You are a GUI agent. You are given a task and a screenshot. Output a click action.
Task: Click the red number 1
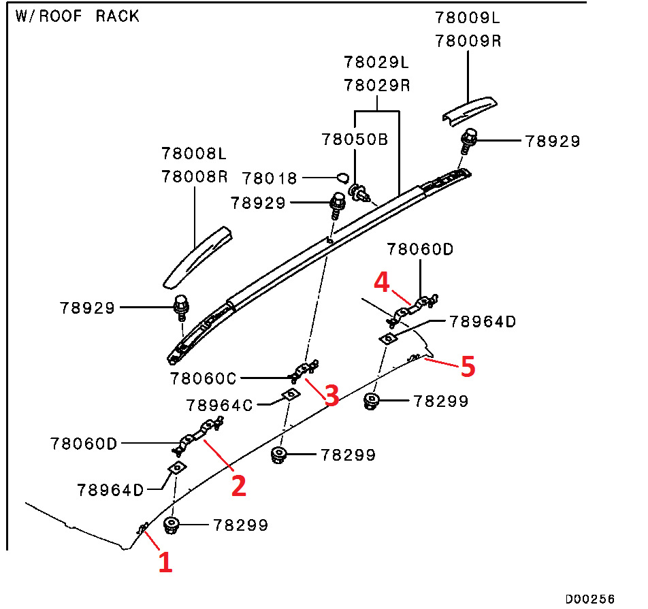[x=165, y=563]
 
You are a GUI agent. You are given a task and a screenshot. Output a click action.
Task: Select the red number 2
[x=238, y=485]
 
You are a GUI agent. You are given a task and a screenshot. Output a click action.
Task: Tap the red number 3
[x=331, y=395]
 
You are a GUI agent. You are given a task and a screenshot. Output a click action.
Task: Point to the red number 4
[x=381, y=282]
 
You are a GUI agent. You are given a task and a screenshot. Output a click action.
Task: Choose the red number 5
[x=467, y=367]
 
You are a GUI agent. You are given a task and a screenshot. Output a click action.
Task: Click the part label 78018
[x=270, y=178]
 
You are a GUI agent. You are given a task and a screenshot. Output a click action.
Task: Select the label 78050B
[x=355, y=139]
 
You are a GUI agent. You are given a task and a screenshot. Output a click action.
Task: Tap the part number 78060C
[x=203, y=377]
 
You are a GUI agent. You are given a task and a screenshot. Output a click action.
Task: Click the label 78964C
[x=219, y=406]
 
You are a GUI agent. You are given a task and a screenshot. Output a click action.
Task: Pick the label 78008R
[x=194, y=176]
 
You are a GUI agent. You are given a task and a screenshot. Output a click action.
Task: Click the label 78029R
[x=376, y=86]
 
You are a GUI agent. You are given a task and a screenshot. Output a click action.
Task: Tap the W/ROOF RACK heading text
[x=78, y=16]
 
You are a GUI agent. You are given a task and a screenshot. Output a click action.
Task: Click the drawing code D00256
[x=589, y=599]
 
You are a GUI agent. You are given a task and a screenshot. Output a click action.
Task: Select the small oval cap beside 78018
[x=342, y=178]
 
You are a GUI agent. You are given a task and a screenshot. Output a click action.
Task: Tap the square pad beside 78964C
[x=291, y=395]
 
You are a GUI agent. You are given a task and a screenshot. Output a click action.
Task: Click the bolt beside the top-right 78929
[x=470, y=142]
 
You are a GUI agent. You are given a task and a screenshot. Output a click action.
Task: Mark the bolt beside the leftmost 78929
[x=180, y=308]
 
